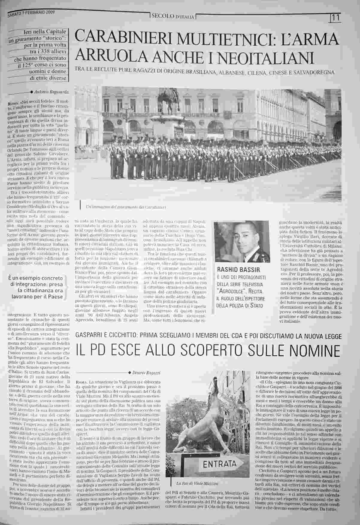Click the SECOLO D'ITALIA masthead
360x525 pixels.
click(173, 16)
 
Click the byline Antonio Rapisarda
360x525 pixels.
click(51, 92)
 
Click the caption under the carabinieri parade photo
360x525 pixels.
click(126, 207)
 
